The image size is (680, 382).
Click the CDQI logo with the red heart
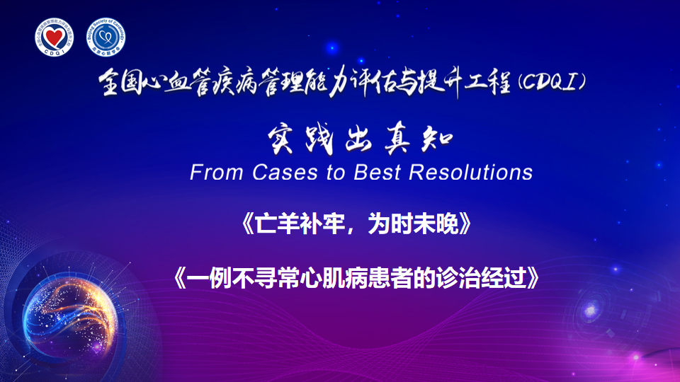55,37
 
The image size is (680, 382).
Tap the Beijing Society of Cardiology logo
106,37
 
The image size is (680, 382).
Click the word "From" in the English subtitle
216,173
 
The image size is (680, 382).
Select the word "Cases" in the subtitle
285,173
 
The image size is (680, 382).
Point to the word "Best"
377,173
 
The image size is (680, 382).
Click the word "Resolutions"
470,173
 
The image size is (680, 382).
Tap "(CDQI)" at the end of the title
552,81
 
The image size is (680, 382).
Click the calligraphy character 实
280,140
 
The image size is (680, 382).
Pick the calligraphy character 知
436,139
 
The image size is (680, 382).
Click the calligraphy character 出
358,140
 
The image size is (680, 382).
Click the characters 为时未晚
413,224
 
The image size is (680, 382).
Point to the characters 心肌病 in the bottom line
334,277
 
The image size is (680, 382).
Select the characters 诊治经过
482,277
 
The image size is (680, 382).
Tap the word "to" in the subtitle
336,173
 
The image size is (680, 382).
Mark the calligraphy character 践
319,140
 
